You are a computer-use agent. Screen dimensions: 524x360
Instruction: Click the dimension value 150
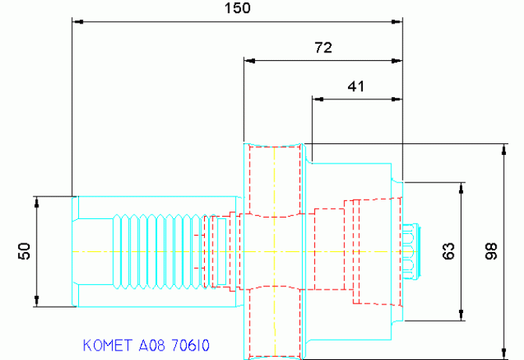coord(237,8)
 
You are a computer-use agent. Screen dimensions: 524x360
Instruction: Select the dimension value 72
coord(323,48)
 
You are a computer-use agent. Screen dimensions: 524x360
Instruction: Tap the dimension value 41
coord(356,86)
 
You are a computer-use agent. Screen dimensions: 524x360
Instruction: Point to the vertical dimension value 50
coord(24,251)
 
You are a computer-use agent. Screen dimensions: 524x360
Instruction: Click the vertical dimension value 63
coord(448,251)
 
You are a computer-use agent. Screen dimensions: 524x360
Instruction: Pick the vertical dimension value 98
coord(491,251)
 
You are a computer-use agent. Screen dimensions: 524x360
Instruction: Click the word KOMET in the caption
coord(108,345)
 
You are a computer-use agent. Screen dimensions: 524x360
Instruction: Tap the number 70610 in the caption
coord(191,345)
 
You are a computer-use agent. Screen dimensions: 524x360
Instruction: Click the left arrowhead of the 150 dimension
coord(78,22)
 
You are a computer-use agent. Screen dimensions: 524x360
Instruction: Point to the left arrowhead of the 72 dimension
coord(250,61)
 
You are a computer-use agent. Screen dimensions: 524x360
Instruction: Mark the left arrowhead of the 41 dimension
coord(318,99)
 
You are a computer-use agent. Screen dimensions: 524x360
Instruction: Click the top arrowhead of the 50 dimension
coord(37,202)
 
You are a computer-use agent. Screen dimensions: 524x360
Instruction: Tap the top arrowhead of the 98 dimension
coord(504,149)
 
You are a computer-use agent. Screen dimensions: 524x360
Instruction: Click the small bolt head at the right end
coord(411,251)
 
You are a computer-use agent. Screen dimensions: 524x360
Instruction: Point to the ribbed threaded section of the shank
coord(163,251)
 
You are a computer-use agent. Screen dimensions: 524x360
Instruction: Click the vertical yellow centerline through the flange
coord(275,252)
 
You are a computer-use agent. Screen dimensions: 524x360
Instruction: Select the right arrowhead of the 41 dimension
coord(397,99)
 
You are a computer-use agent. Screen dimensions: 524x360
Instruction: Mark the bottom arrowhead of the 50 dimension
coord(37,301)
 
